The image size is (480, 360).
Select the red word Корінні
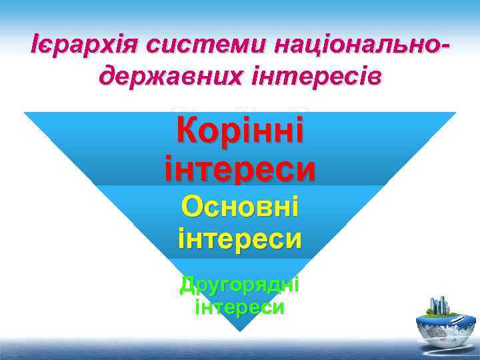(x=240, y=130)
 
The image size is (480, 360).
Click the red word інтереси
(x=240, y=167)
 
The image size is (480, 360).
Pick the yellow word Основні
(x=240, y=209)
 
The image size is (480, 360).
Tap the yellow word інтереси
(x=240, y=237)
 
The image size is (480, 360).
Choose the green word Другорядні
(x=240, y=285)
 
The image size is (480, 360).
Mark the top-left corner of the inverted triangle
(x=25, y=113)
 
